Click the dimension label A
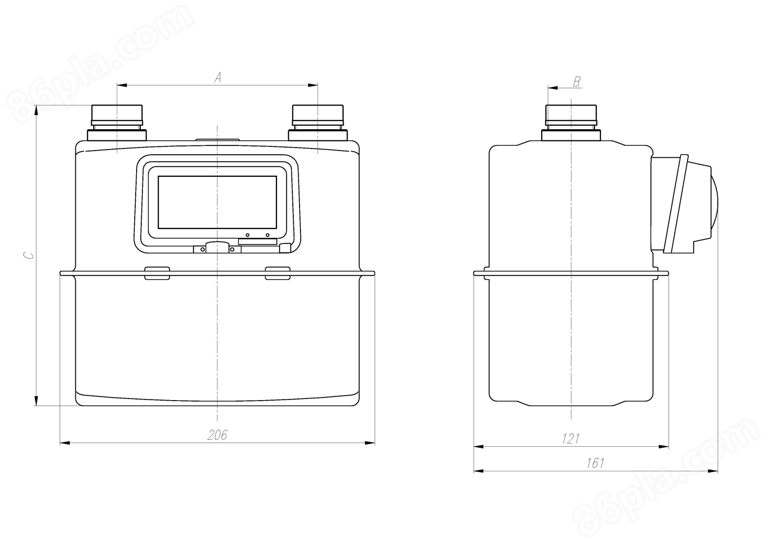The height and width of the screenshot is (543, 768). point(218,77)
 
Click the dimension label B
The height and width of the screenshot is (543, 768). point(577,81)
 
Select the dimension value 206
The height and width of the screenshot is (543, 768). point(217,435)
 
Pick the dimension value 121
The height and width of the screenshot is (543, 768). point(570,438)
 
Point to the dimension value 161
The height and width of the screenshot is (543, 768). point(595,463)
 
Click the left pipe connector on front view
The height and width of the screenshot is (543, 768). point(117,122)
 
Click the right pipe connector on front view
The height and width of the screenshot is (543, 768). point(318,122)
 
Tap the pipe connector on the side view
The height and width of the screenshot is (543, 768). point(571,122)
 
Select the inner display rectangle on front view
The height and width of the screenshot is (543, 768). point(218,202)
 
